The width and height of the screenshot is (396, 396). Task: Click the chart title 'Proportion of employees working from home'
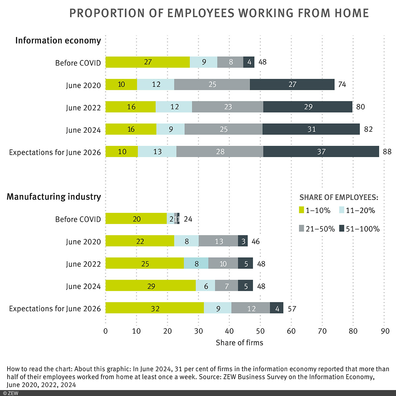[x=219, y=13]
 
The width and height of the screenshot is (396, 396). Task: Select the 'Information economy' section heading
[x=58, y=41]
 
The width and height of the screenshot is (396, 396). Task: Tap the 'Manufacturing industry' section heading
[x=54, y=197]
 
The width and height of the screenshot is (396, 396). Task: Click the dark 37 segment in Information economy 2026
[x=321, y=152]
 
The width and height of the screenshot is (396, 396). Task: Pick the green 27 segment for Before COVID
[x=148, y=62]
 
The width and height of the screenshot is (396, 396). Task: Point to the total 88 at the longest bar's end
[x=387, y=152]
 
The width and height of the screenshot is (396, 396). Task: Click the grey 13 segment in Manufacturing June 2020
[x=218, y=241]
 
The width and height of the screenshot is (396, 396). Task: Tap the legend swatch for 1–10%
[x=301, y=211]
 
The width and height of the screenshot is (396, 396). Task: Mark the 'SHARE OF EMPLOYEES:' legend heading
[x=339, y=198]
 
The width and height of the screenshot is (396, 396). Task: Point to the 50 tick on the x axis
[x=260, y=331]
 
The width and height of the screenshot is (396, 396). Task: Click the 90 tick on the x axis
[x=385, y=331]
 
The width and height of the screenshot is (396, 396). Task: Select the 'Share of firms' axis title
[x=239, y=343]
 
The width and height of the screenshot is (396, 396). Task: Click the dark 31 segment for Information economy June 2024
[x=311, y=129]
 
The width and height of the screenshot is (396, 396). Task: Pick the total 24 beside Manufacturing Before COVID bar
[x=188, y=219]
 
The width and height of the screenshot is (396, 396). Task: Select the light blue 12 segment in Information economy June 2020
[x=155, y=84]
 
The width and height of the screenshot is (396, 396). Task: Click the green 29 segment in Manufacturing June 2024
[x=150, y=286]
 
